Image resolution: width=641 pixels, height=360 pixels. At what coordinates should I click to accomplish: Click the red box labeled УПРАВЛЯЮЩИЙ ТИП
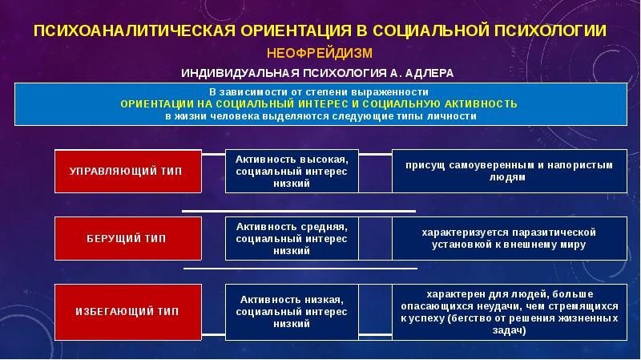(126, 171)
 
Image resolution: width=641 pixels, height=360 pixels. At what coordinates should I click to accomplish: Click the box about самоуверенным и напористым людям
(509, 171)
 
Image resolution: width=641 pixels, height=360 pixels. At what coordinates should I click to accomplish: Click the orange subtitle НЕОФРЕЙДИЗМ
(320, 53)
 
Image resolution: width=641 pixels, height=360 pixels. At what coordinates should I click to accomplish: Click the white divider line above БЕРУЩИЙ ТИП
(299, 211)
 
